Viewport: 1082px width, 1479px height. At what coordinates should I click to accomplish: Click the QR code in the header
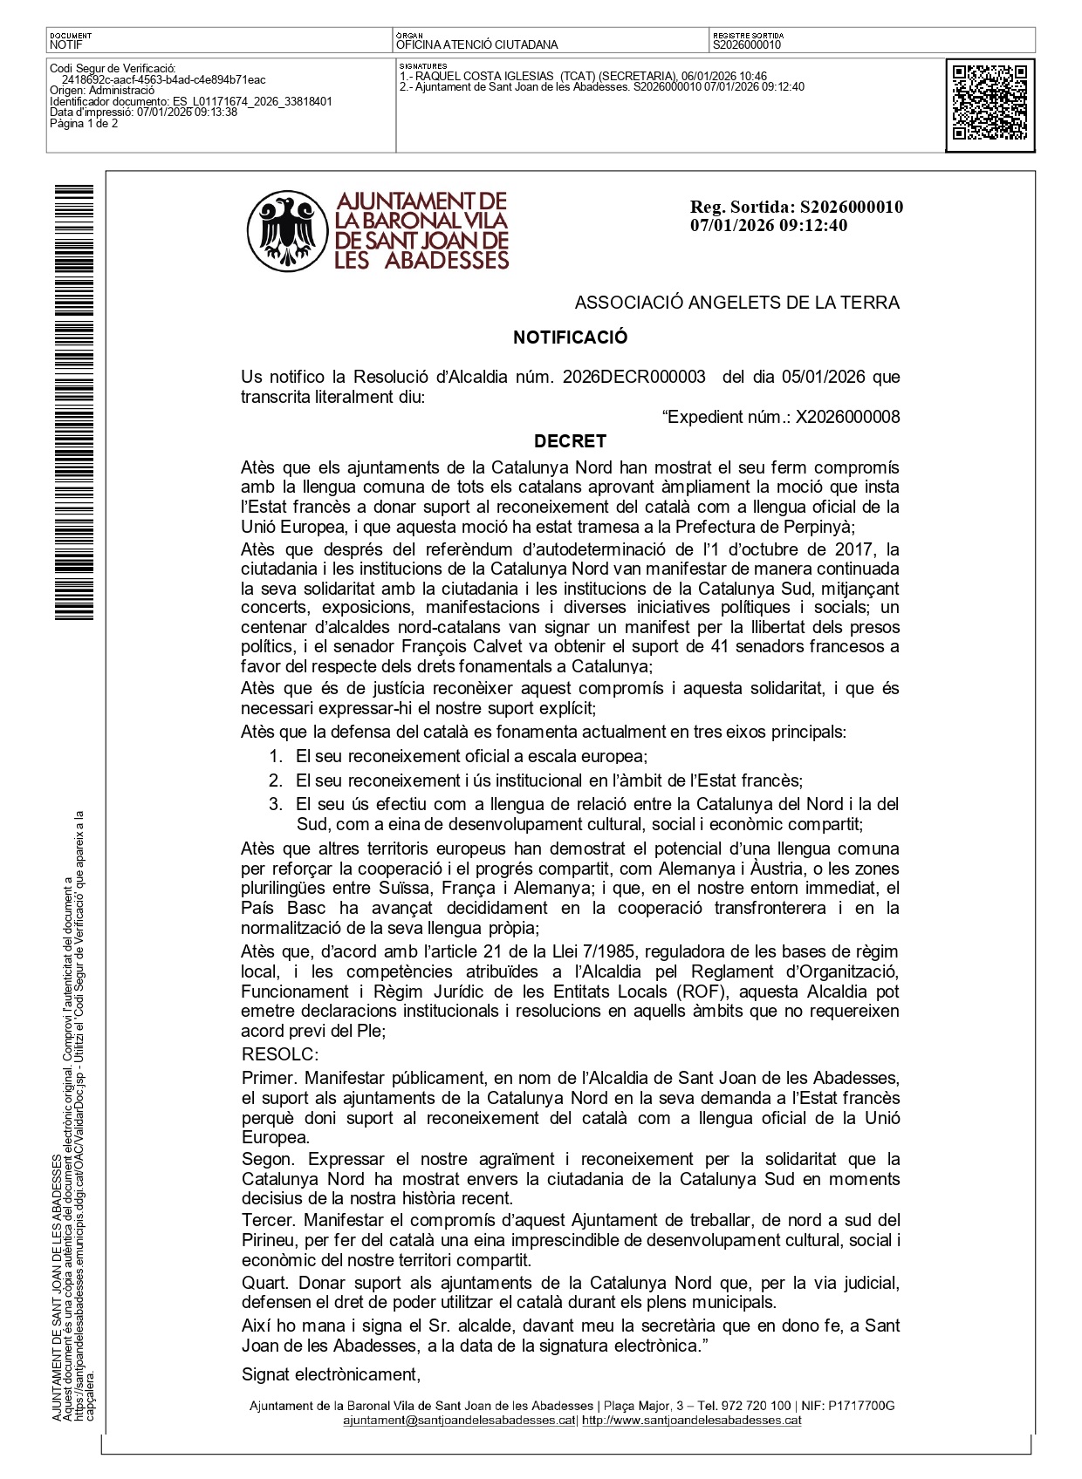coord(990,104)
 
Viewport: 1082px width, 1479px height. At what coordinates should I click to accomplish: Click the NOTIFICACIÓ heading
coord(570,337)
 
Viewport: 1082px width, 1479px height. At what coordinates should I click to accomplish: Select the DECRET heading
coord(570,441)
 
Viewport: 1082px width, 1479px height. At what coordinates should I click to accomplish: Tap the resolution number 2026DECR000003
coord(633,378)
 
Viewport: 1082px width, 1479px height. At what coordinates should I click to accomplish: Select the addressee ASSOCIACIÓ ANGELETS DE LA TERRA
coord(736,303)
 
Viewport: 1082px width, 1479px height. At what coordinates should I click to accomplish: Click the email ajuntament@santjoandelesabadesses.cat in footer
coord(459,1420)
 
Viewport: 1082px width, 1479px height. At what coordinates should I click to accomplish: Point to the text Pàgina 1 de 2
coord(84,124)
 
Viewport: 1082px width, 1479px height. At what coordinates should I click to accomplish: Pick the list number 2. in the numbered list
coord(276,780)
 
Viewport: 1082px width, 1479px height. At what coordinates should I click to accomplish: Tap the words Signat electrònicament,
coord(331,1374)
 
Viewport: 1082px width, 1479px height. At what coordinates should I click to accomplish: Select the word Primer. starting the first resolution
coord(269,1079)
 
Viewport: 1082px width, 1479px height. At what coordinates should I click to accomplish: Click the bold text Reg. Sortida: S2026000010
coord(796,208)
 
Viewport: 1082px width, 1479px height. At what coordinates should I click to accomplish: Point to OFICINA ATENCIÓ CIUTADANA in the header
coord(476,44)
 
